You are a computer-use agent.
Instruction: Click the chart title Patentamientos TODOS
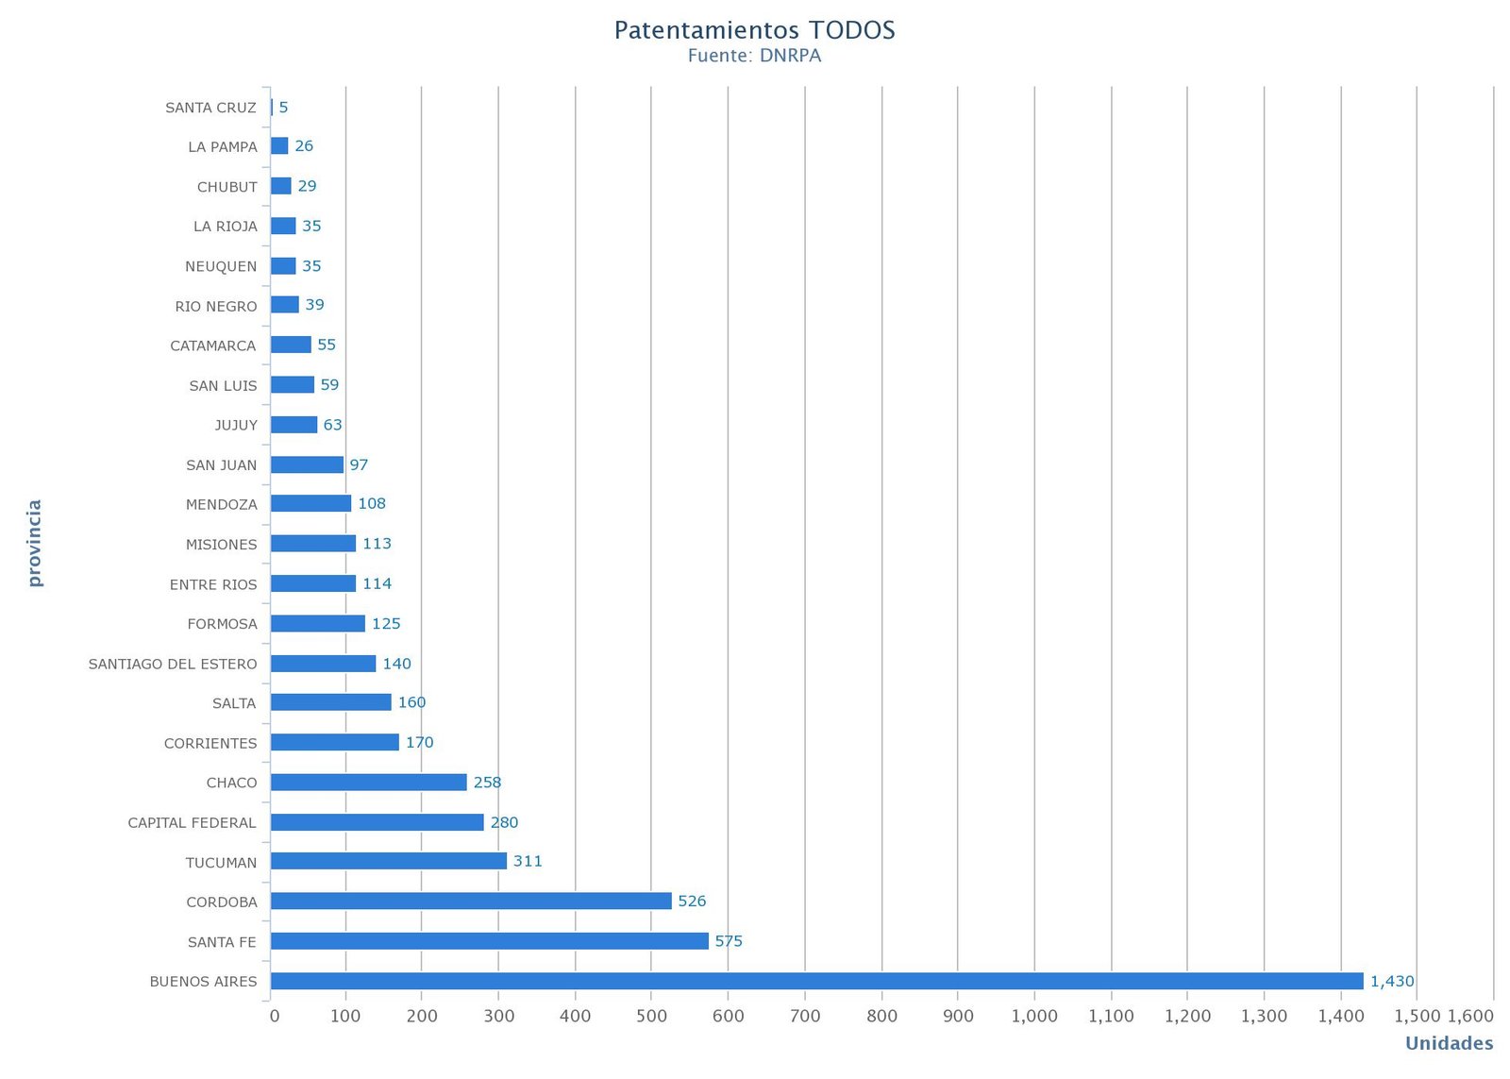tap(754, 30)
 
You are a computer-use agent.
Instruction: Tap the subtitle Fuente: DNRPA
tap(754, 56)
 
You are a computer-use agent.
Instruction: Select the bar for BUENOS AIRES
tap(816, 981)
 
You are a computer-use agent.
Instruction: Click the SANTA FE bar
tap(489, 941)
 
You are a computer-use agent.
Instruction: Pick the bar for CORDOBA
tap(471, 901)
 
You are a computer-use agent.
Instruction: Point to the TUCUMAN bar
tap(388, 861)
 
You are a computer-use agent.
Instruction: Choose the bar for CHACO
tap(368, 782)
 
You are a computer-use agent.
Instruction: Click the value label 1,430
tap(1392, 981)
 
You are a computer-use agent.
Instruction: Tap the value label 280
tap(504, 822)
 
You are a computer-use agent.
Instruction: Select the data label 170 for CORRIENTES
tap(419, 742)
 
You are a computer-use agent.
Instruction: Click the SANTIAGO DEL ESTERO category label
tap(173, 664)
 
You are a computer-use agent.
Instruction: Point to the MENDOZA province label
tap(221, 504)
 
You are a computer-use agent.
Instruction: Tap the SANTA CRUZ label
tap(210, 108)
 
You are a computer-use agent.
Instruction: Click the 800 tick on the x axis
tap(881, 1016)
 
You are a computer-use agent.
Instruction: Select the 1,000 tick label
tap(1034, 1016)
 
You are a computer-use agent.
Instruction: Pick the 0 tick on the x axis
tap(275, 1016)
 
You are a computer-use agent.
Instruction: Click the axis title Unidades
tap(1449, 1043)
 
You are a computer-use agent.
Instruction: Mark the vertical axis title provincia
tap(35, 543)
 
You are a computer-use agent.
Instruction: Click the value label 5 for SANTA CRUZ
tap(283, 108)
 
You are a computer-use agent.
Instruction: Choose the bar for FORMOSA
tap(317, 623)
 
